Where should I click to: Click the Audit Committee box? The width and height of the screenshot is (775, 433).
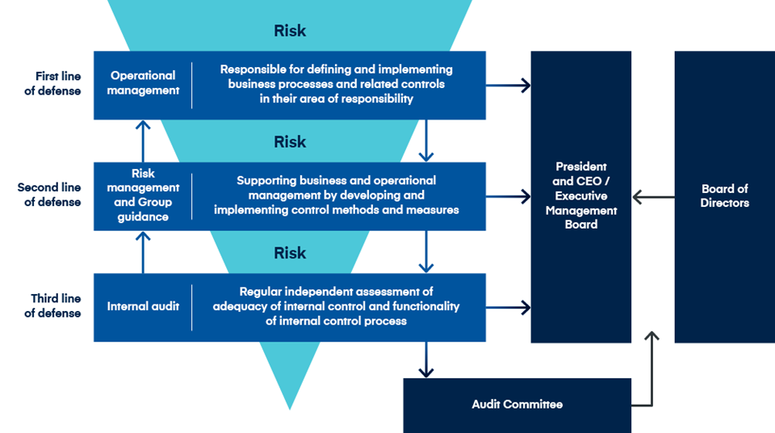tap(517, 404)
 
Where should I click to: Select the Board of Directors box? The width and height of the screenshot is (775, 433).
tap(724, 196)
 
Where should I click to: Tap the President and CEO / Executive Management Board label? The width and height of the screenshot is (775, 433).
tap(581, 195)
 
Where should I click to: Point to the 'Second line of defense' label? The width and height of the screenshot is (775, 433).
tap(49, 195)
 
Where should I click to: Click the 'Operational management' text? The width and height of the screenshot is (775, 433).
tap(144, 83)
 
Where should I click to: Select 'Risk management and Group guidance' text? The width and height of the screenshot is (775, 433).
tap(143, 195)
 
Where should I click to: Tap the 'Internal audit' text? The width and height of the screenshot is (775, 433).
tap(143, 306)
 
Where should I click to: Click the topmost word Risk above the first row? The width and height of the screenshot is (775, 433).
tap(290, 32)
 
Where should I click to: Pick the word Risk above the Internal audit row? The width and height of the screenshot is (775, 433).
tap(290, 253)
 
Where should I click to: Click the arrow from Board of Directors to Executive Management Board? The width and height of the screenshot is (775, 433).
tap(653, 196)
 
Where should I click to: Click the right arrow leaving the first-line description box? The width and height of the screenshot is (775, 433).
tap(509, 85)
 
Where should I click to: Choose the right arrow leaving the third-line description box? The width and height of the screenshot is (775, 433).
tap(509, 307)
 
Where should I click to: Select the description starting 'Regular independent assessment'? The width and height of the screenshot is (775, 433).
tap(336, 306)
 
